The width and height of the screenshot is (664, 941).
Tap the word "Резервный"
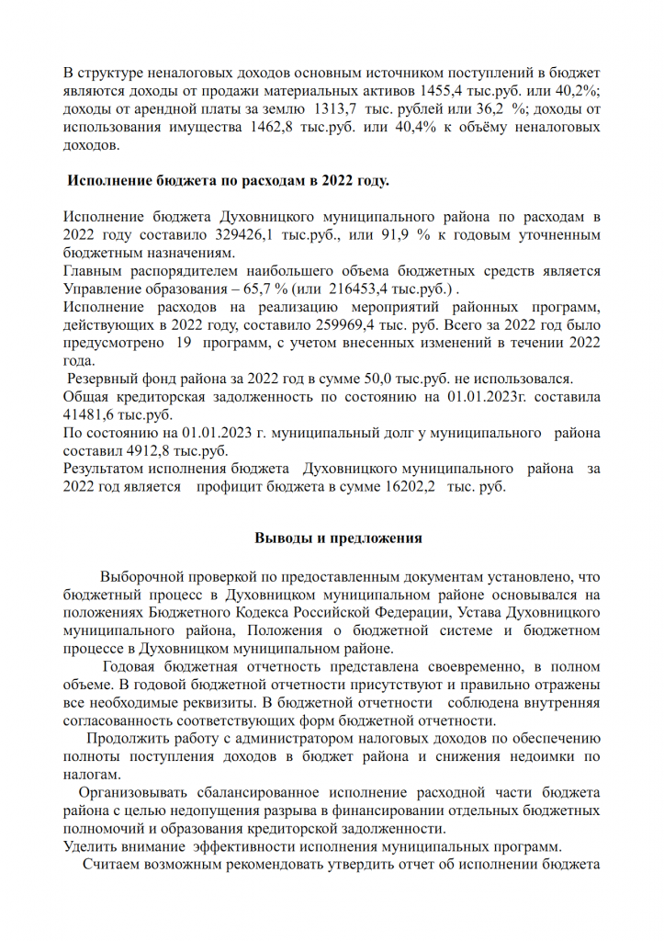point(105,379)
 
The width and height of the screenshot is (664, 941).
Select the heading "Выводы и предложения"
point(337,539)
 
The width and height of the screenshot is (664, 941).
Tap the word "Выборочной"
point(143,577)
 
